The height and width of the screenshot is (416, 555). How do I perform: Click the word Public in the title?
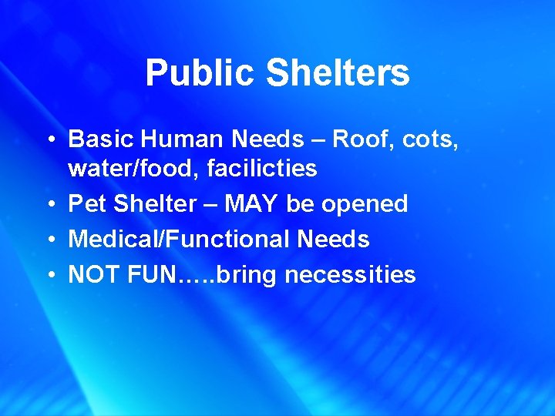tap(200, 74)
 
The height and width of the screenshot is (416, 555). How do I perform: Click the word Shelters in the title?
tap(338, 74)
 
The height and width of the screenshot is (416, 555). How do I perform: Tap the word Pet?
tap(85, 203)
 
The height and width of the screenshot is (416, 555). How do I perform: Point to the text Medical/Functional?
tap(179, 239)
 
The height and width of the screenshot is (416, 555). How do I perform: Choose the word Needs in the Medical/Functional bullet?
tap(333, 239)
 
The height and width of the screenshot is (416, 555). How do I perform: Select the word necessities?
tap(351, 274)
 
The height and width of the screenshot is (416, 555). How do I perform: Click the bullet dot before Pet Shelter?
tap(49, 204)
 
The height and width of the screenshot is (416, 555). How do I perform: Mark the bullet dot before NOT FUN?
tap(49, 275)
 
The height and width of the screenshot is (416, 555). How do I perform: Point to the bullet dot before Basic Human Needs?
tap(49, 139)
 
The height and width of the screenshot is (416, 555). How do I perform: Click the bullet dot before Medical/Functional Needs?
tap(49, 240)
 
